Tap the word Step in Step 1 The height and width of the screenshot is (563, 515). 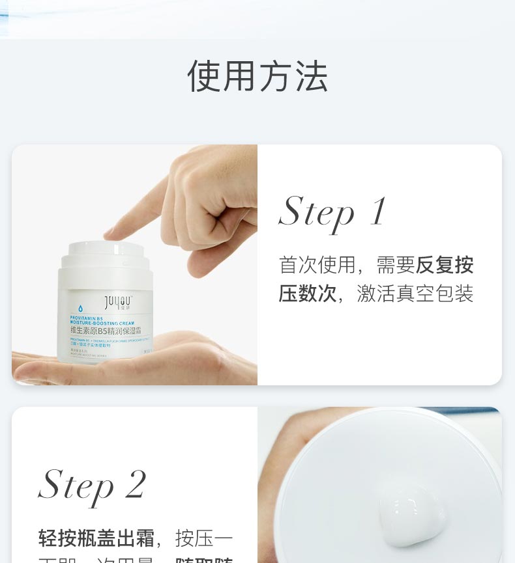[x=316, y=212]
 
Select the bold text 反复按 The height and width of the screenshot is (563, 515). [x=445, y=265]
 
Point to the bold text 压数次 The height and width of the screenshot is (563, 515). [x=308, y=294]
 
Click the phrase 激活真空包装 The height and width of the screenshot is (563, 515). [x=415, y=294]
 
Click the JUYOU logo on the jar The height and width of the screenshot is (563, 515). [x=117, y=301]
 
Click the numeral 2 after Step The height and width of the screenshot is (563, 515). [x=135, y=485]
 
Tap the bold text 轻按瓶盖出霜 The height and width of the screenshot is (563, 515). [x=96, y=538]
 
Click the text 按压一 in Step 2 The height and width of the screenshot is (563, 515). [x=204, y=538]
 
